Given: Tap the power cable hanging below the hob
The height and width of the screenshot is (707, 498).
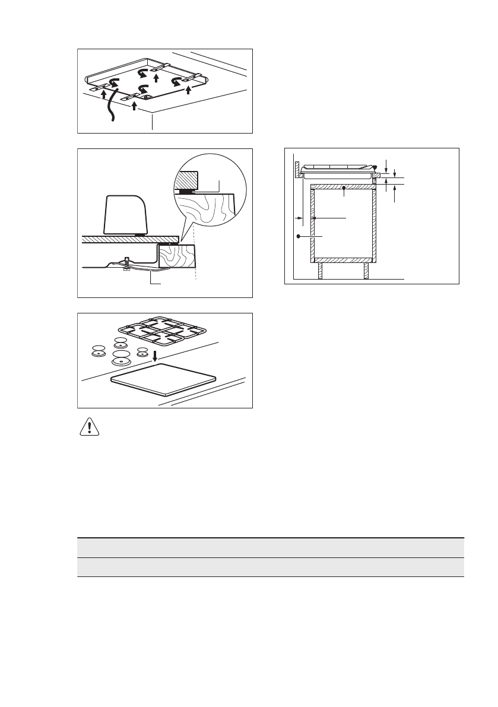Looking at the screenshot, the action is [x=109, y=107].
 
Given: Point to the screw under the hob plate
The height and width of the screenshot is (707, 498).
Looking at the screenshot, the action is [x=126, y=262].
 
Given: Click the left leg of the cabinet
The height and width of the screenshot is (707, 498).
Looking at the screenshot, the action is [x=321, y=271].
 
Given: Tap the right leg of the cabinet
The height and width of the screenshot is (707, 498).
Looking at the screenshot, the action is [x=366, y=271].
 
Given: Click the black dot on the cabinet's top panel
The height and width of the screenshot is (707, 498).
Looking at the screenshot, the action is [x=344, y=189].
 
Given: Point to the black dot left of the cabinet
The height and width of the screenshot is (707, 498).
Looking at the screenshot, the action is [x=298, y=236].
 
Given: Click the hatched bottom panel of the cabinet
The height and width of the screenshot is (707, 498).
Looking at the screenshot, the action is [x=344, y=260].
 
